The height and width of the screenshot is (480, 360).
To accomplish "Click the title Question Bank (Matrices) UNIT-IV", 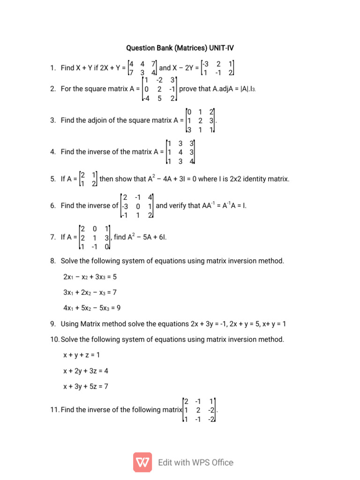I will click(x=180, y=48).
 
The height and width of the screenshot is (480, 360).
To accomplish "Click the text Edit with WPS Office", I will click(x=195, y=463).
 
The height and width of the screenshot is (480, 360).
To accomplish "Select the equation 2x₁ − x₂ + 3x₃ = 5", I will click(x=90, y=277).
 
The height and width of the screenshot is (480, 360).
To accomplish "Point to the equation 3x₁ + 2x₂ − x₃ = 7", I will click(x=90, y=292).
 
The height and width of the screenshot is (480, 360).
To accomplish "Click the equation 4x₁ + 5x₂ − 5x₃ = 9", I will click(x=90, y=308).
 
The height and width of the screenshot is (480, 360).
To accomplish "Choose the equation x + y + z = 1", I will click(x=82, y=355).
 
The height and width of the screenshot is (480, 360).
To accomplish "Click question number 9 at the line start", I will click(x=53, y=323).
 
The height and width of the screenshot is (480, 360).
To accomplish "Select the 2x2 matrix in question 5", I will click(x=88, y=179).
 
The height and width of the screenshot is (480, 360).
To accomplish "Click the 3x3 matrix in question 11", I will click(x=199, y=410).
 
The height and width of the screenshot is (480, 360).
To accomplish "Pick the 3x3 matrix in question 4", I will click(x=180, y=152).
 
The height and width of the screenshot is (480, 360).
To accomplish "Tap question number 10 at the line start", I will click(x=55, y=339).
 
